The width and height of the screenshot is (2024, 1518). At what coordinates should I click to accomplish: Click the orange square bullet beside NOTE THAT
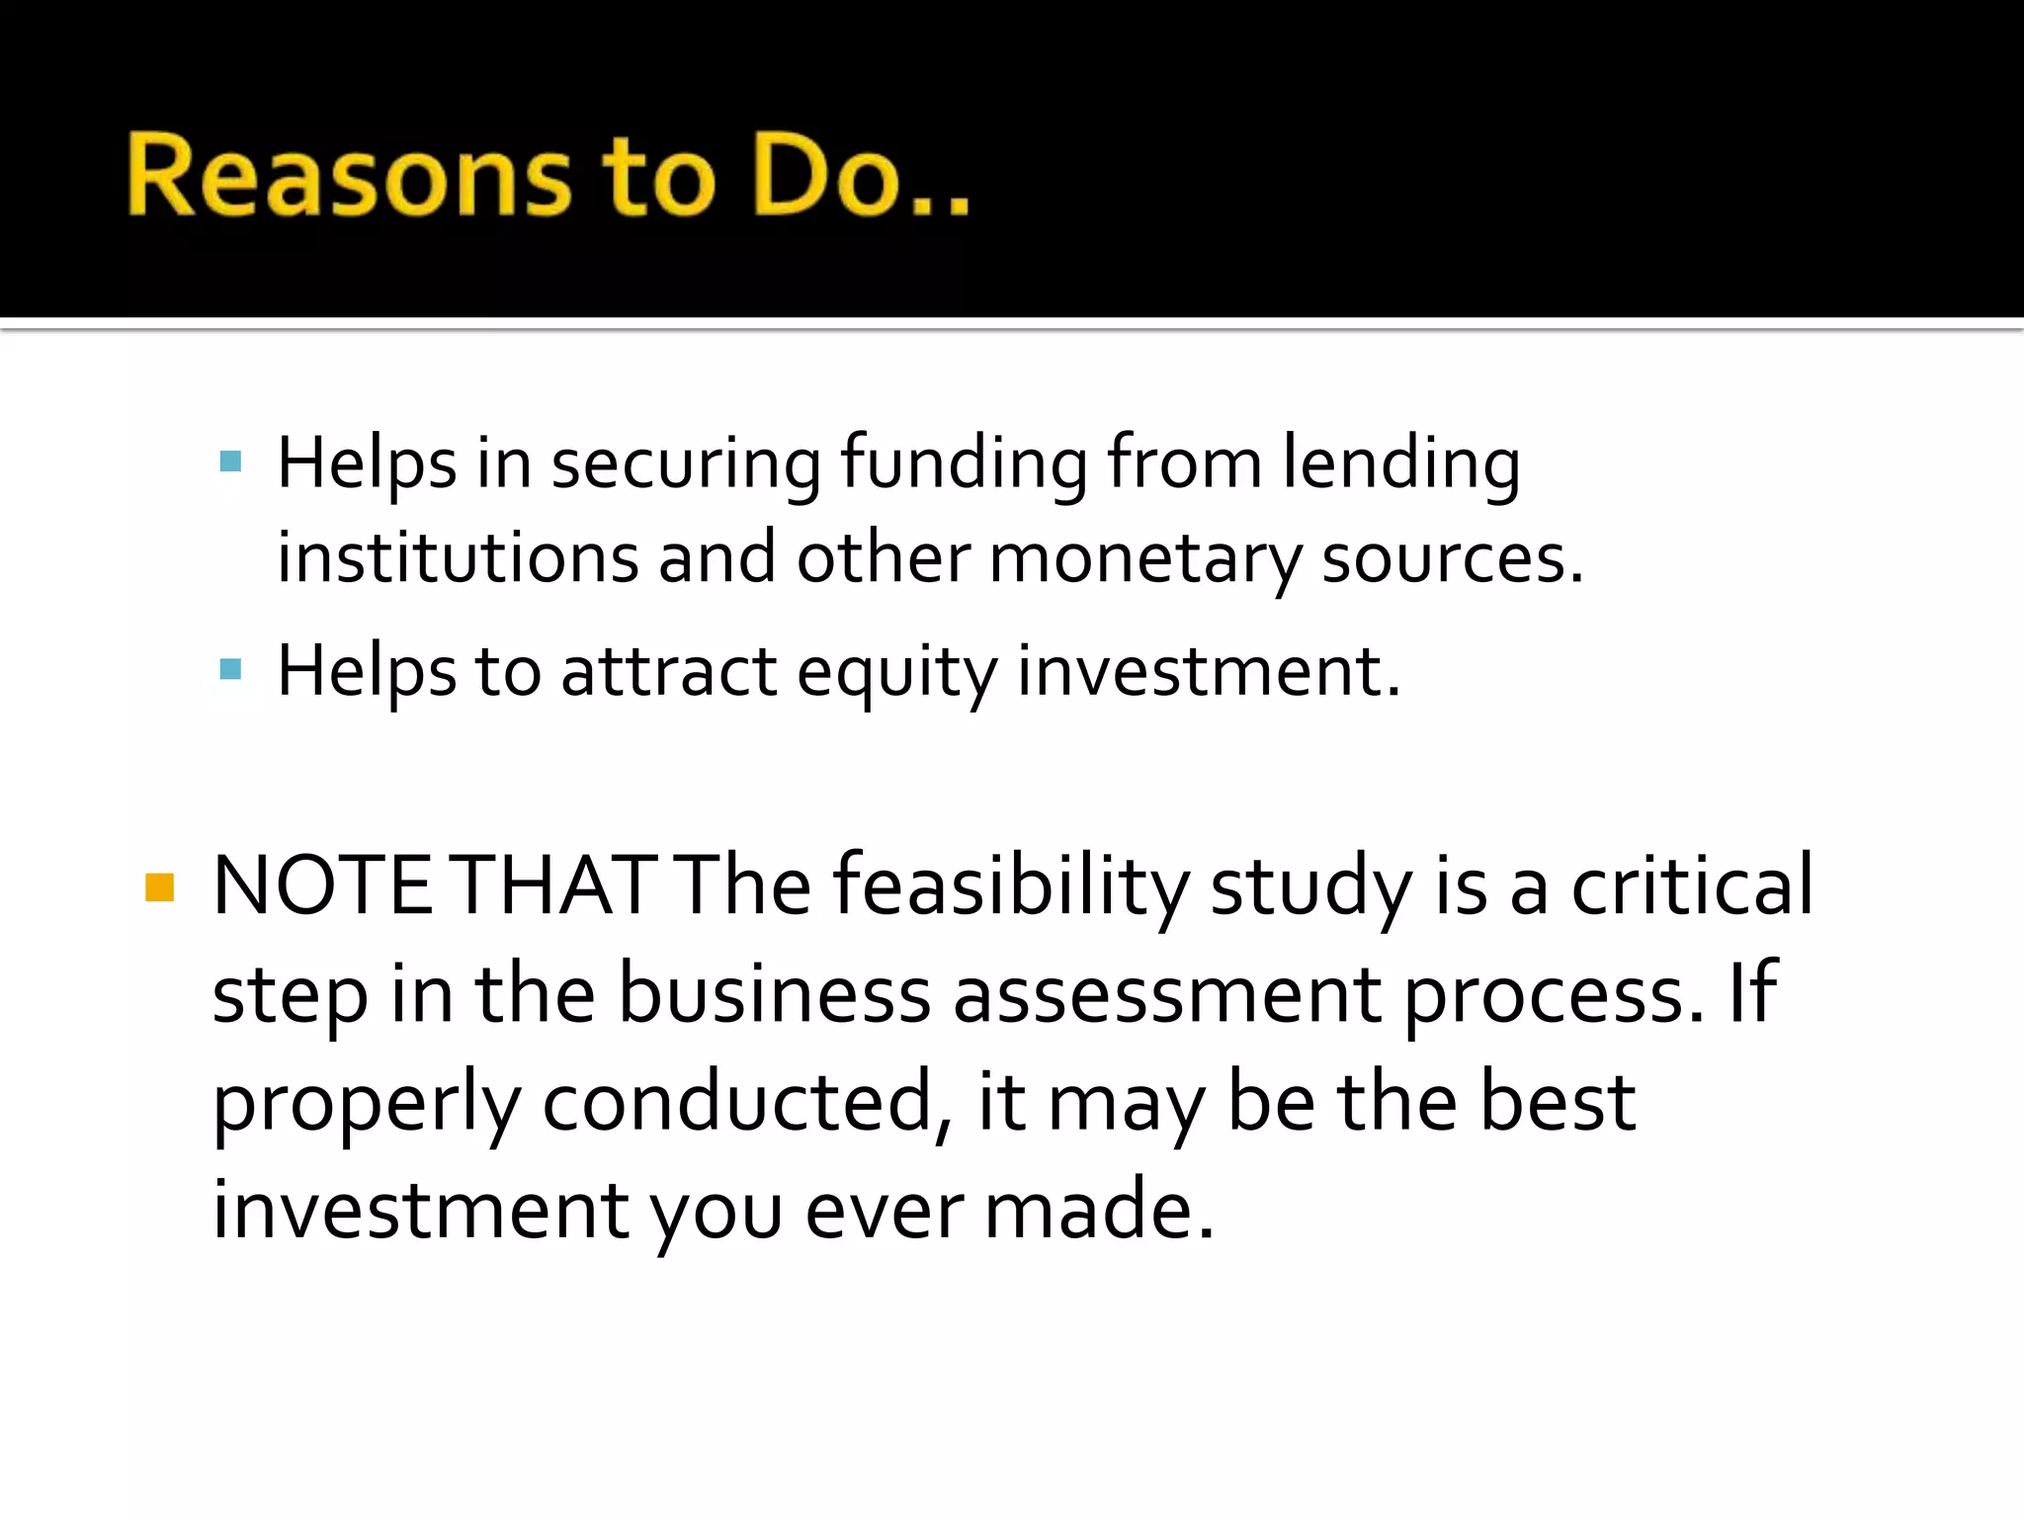click(x=159, y=887)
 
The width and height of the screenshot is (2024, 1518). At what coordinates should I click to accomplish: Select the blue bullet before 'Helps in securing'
click(x=231, y=462)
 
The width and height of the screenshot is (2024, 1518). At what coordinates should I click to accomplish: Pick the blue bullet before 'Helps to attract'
click(x=231, y=670)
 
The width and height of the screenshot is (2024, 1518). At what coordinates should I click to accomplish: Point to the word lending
click(x=1401, y=464)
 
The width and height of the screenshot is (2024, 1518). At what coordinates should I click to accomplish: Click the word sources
click(x=1452, y=559)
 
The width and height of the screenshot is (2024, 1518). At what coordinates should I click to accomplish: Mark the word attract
click(x=669, y=672)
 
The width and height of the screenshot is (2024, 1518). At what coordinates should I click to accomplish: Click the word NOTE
click(x=322, y=885)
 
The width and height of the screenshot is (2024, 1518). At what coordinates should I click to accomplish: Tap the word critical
click(x=1692, y=885)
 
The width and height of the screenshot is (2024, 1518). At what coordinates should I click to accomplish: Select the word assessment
click(x=1167, y=994)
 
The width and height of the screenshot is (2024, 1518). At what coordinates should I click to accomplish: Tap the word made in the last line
click(x=1098, y=1210)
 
